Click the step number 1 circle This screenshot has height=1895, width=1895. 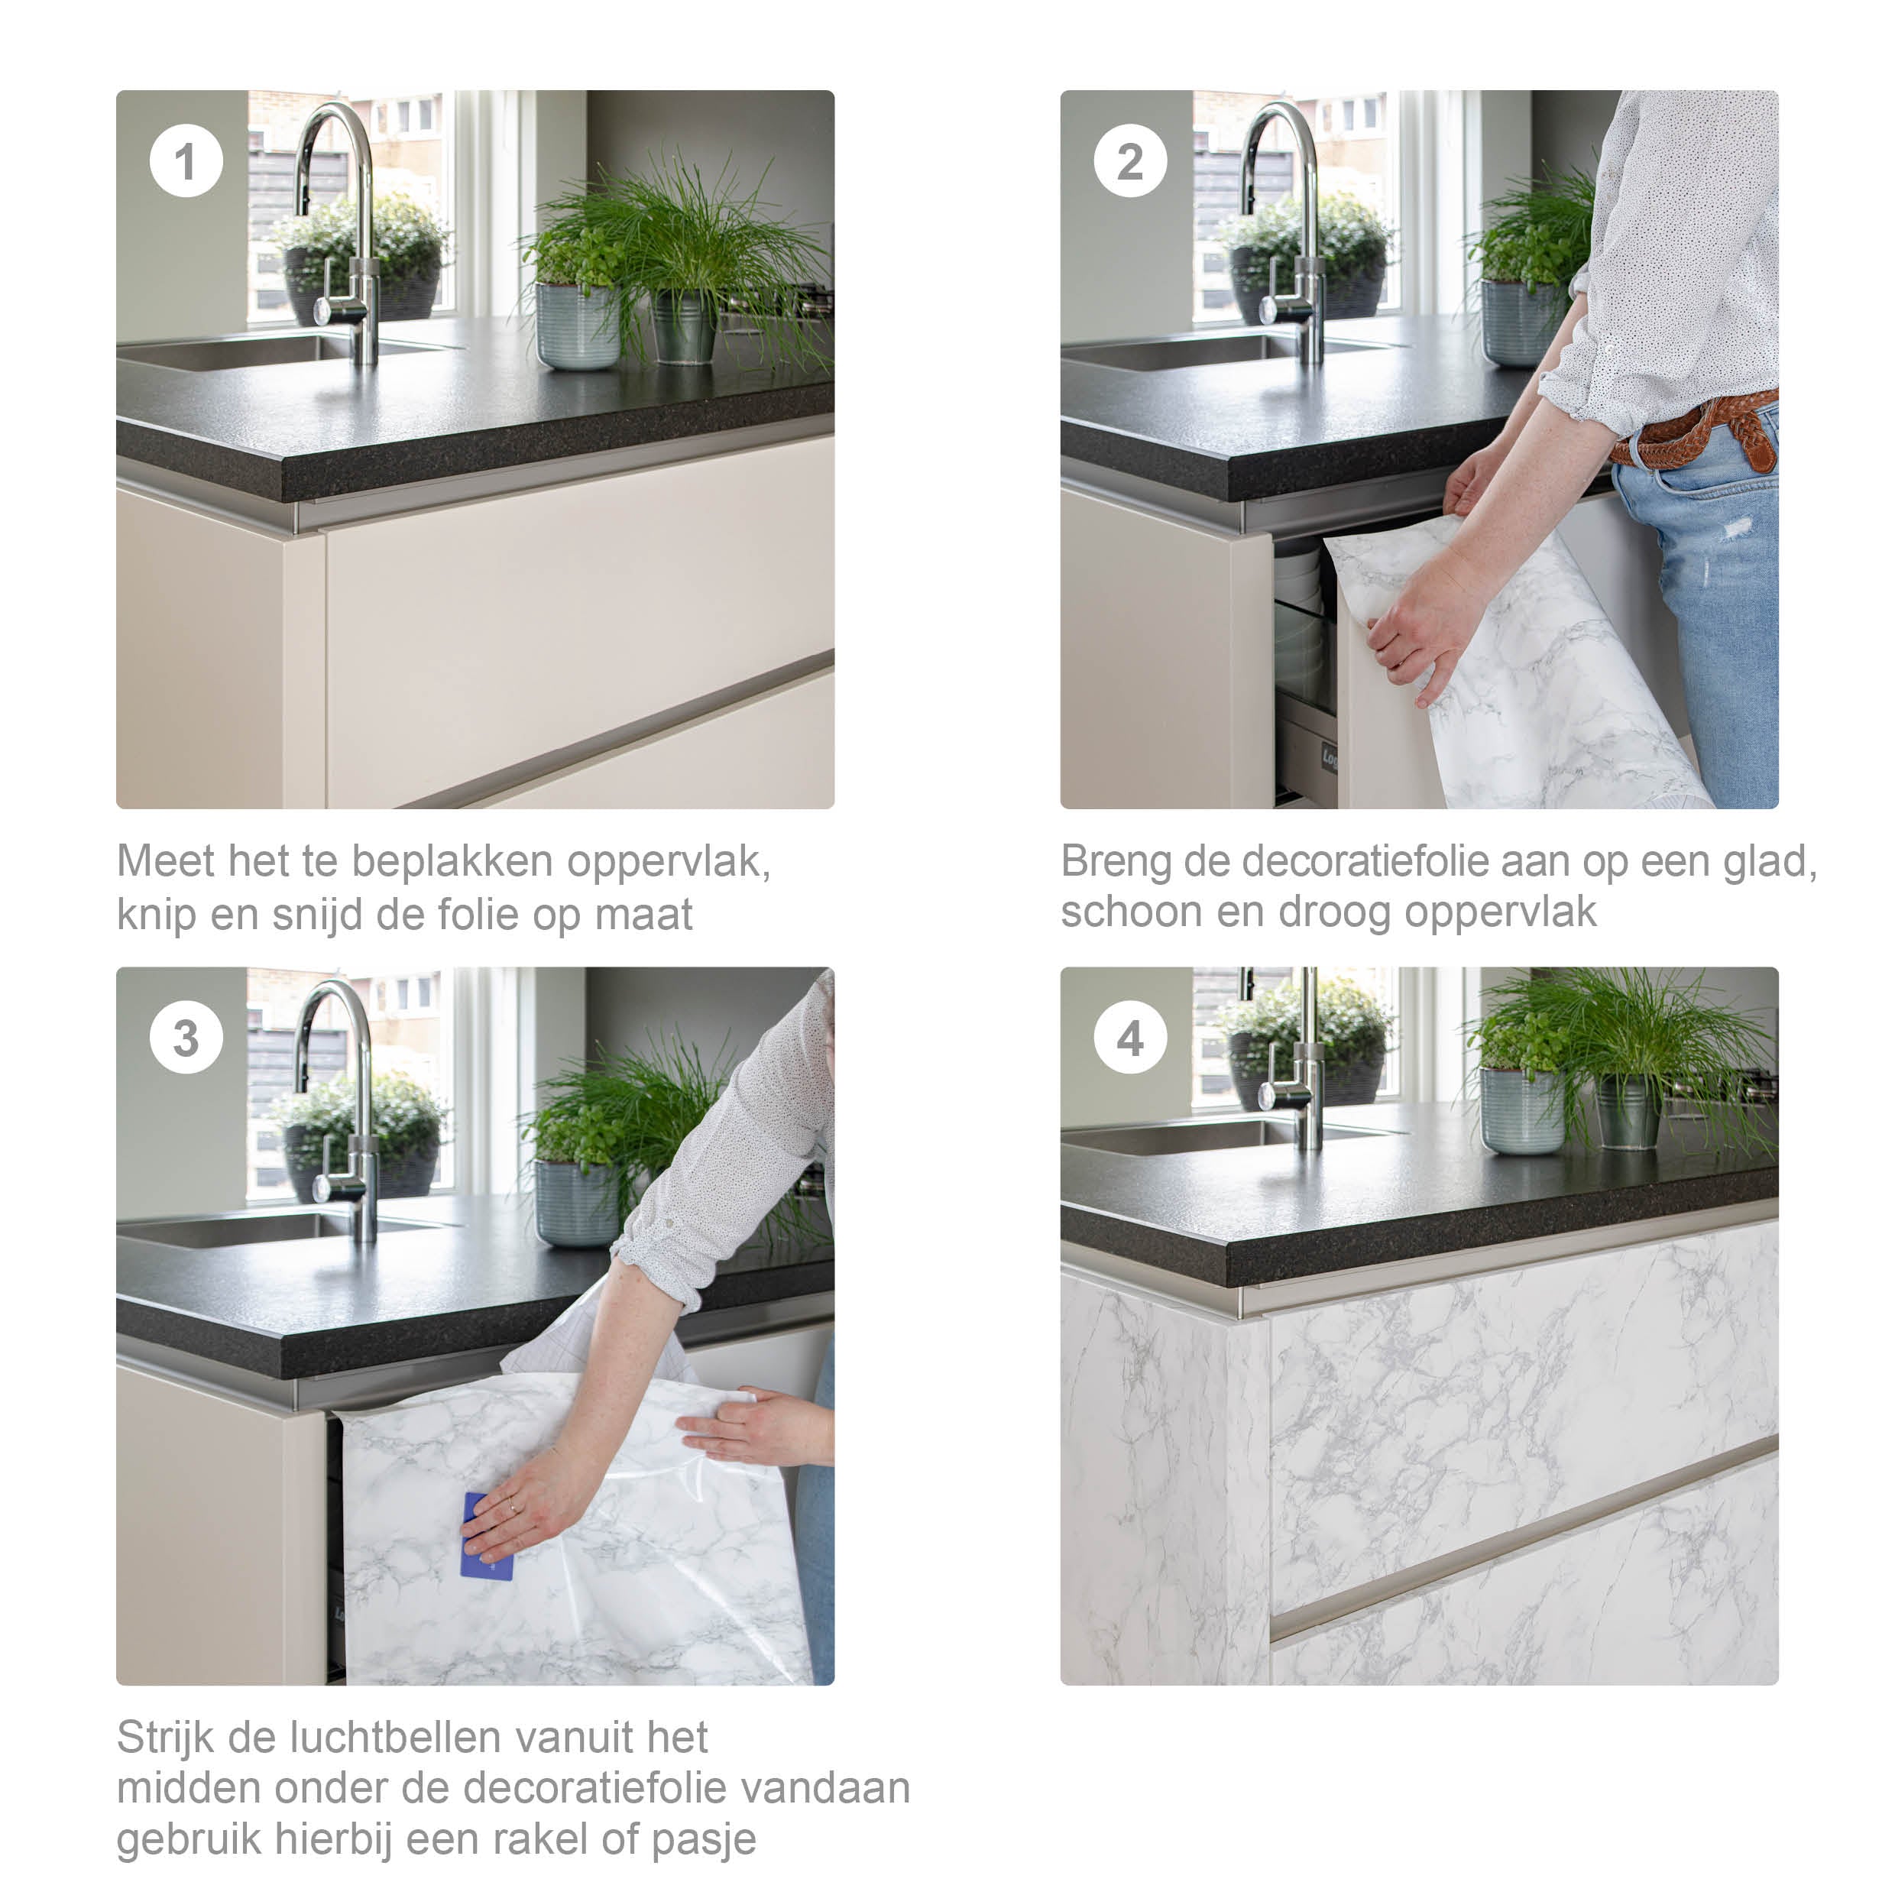[x=186, y=161]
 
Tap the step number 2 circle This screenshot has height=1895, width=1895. [x=1130, y=161]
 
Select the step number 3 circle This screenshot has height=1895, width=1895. [x=186, y=1038]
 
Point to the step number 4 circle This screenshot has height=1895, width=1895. [x=1130, y=1038]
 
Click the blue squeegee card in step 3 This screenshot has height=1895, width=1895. [x=487, y=1536]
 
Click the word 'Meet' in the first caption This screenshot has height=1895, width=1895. [x=165, y=861]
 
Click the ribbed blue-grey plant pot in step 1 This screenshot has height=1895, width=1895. [x=578, y=325]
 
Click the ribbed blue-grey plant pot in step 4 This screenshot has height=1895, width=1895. [x=1522, y=1111]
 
